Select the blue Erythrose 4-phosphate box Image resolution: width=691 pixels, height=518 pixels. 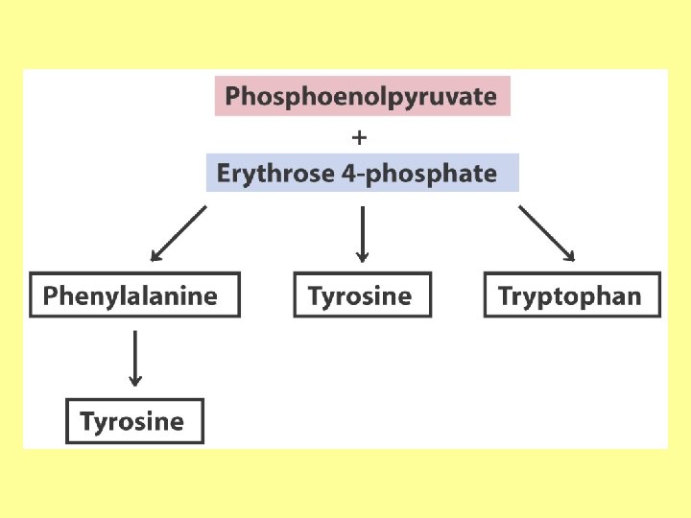(363, 174)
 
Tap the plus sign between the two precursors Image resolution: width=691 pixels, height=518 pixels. (360, 136)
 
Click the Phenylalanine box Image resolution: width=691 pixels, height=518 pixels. (135, 295)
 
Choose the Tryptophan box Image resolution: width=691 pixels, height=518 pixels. (572, 295)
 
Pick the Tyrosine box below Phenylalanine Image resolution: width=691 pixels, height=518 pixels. (134, 421)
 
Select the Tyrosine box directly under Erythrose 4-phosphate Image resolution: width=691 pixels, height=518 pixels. (362, 295)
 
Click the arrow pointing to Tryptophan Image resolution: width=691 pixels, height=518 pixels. (546, 234)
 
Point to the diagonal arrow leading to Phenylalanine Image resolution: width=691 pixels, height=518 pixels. (179, 234)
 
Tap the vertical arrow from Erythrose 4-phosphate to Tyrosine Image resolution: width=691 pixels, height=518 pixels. (362, 233)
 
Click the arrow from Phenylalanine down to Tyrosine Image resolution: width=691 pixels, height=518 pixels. (135, 358)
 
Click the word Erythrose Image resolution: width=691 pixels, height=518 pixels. (265, 174)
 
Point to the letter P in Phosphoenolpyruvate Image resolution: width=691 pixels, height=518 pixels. (232, 97)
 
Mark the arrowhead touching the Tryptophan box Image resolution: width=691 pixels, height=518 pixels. (570, 256)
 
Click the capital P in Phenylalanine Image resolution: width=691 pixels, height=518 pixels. (50, 295)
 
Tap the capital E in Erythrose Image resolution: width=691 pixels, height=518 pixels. (224, 174)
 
